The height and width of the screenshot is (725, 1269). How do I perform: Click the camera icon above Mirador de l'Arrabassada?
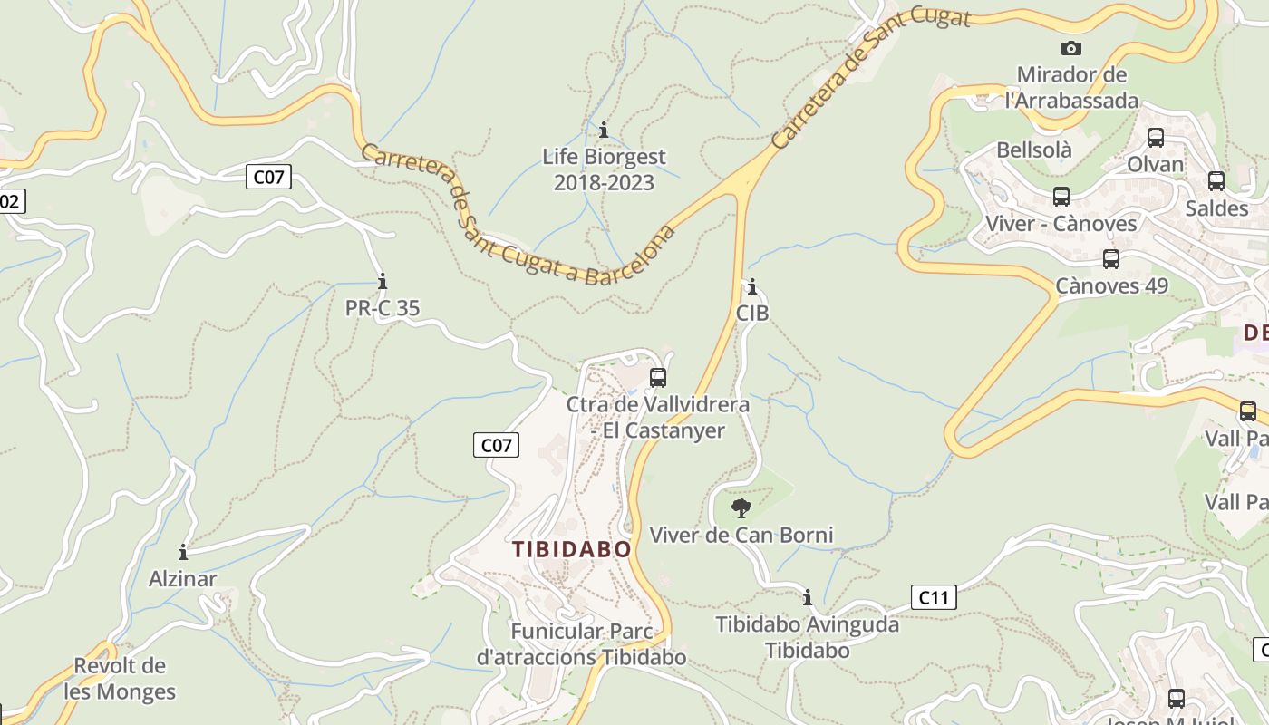point(1071,48)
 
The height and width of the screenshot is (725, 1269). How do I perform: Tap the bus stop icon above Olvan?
point(1156,138)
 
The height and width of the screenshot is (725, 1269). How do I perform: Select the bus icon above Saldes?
point(1216,181)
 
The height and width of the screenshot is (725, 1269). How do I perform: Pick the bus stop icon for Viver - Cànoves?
point(1061,196)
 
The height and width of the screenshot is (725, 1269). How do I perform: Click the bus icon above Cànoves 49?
point(1111,259)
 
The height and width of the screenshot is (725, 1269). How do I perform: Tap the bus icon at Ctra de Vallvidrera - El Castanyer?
point(658,377)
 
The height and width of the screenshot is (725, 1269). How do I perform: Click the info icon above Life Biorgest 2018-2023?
point(604,130)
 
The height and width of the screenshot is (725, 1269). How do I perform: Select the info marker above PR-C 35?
point(383,281)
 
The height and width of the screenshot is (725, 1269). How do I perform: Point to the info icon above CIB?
point(751,287)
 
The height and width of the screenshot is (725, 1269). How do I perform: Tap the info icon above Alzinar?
point(183,552)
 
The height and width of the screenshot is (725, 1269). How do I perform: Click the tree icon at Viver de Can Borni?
point(741,507)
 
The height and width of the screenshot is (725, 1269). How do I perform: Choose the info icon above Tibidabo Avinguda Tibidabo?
point(808,597)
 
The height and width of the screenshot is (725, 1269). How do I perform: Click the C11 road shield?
point(934,597)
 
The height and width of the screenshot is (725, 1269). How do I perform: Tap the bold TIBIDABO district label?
point(571,549)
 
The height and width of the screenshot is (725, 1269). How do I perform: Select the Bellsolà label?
point(1034,150)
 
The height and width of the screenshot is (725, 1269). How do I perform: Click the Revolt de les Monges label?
point(120,679)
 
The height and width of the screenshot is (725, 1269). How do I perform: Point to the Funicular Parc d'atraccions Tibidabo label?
point(581,644)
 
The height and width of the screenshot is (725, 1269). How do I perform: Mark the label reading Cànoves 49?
point(1112,286)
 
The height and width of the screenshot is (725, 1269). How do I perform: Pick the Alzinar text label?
point(183,579)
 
